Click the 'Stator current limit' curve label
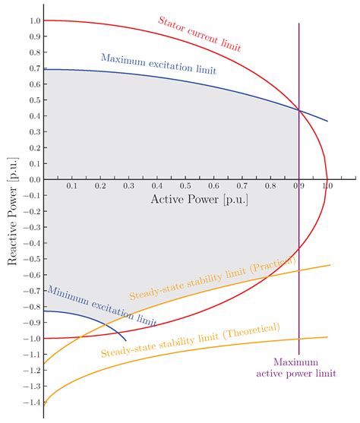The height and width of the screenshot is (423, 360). pyautogui.click(x=200, y=31)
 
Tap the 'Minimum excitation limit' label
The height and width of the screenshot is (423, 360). pyautogui.click(x=103, y=305)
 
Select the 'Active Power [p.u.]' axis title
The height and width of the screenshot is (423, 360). pyautogui.click(x=199, y=200)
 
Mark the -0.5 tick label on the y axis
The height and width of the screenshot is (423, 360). pyautogui.click(x=28, y=259)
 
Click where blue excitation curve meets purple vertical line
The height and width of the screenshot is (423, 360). pyautogui.click(x=299, y=111)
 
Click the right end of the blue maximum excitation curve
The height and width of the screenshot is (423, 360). pyautogui.click(x=327, y=121)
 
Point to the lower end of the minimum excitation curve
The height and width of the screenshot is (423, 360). pyautogui.click(x=126, y=339)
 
